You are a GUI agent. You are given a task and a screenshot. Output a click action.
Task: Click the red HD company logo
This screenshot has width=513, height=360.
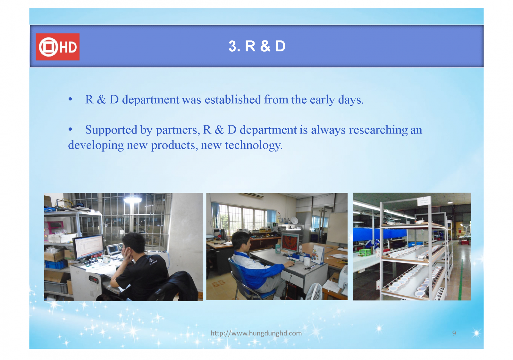[57, 47]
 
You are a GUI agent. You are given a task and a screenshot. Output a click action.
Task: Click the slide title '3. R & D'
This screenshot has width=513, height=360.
[257, 46]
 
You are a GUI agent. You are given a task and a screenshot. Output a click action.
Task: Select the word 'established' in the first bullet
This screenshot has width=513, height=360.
[233, 99]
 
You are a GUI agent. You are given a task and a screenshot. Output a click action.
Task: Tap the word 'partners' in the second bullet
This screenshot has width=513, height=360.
[176, 130]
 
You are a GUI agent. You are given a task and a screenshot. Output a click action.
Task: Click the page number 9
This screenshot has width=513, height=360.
[454, 333]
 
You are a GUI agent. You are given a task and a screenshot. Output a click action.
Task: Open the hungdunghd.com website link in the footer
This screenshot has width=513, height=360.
[256, 333]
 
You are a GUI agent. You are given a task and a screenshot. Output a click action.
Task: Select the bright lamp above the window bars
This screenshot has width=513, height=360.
[132, 200]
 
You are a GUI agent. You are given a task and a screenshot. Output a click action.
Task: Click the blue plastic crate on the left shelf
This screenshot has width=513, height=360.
[56, 264]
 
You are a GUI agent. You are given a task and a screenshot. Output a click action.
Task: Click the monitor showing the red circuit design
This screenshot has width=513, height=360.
[290, 243]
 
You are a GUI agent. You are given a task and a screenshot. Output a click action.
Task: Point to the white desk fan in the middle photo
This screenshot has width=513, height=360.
[314, 291]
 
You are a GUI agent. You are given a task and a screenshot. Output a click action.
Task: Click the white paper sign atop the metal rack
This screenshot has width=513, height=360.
[424, 201]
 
